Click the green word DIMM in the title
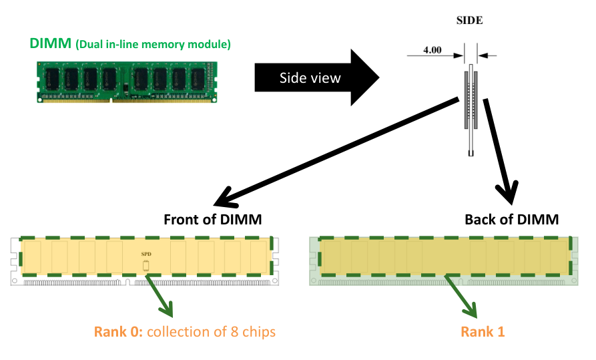coord(49,44)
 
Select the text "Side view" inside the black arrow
coord(310,78)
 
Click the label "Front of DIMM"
coord(213,220)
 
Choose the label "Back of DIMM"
coord(511,220)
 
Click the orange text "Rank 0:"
coord(119,331)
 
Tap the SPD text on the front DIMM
coord(146,254)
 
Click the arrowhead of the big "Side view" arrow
coord(364,78)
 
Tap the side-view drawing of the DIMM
coord(471,107)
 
